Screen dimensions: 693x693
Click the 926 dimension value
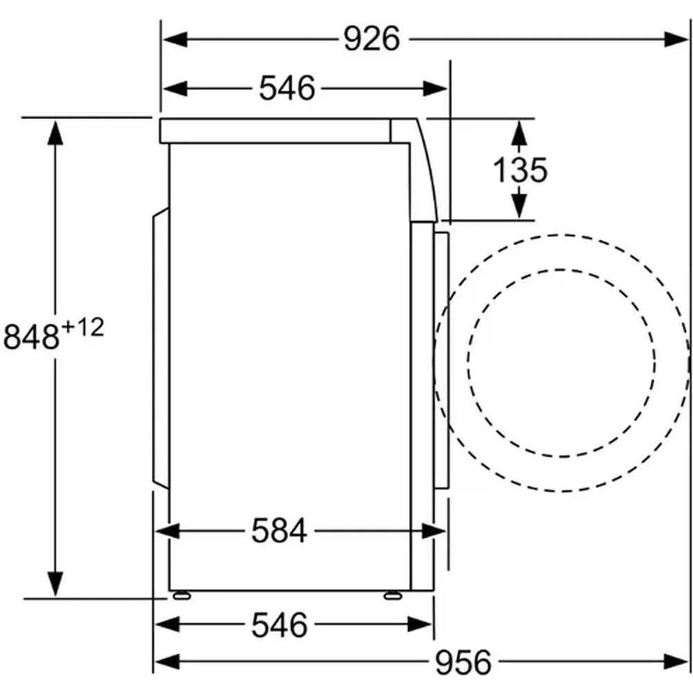[371, 39]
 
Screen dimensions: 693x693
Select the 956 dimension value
[463, 662]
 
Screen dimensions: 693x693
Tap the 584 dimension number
[279, 531]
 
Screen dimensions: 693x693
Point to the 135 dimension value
[520, 170]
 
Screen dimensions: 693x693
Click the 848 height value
[31, 337]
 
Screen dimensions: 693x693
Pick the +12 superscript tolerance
[83, 328]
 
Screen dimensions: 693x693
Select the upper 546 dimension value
[287, 88]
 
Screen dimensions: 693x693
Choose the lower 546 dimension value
[279, 625]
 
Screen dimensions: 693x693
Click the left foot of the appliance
[182, 596]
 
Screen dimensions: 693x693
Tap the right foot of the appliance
[392, 596]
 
